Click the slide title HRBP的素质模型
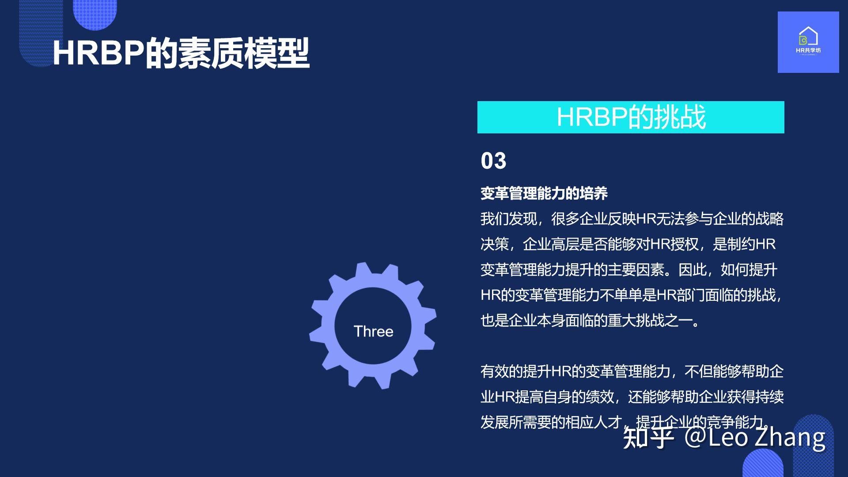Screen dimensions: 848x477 tap(181, 53)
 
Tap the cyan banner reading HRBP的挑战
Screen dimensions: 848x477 tap(631, 117)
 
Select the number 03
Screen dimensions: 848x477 tap(493, 161)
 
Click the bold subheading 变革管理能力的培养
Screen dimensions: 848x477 tap(544, 193)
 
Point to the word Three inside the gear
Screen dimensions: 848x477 tap(373, 331)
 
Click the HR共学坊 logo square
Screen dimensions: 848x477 tap(808, 42)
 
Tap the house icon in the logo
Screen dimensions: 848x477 tap(808, 36)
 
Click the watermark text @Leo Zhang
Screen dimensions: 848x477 tap(755, 437)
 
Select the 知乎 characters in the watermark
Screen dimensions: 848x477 tap(648, 437)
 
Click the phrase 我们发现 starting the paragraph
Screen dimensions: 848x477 tap(509, 219)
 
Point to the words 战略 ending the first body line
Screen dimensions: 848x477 tap(770, 219)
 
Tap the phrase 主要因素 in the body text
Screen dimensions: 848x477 tap(636, 269)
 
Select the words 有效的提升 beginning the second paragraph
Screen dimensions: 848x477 tap(516, 371)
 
